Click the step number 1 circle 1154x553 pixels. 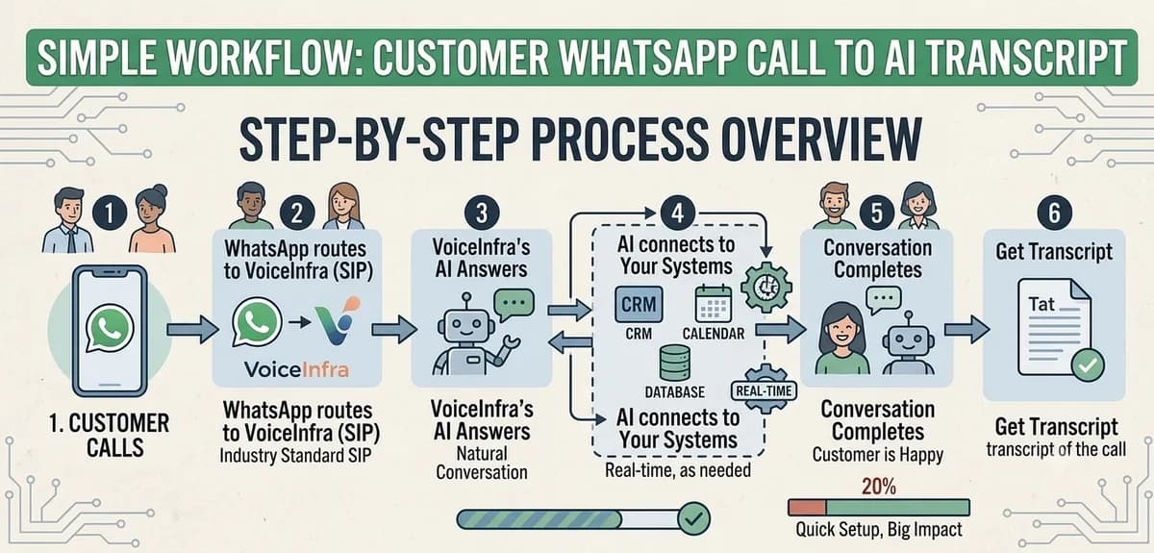(110, 214)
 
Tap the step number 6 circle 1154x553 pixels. (1054, 213)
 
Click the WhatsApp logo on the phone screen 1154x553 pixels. (110, 329)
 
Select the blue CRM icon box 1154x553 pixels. (639, 305)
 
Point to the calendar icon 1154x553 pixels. (713, 304)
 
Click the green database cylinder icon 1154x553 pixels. (675, 364)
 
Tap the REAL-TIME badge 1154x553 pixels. (764, 390)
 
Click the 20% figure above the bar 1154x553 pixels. (879, 486)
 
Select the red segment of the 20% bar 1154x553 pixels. (807, 507)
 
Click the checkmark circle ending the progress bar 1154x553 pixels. (694, 518)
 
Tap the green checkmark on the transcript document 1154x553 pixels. (1088, 365)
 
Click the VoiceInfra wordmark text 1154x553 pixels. (296, 369)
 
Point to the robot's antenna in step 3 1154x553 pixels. (466, 301)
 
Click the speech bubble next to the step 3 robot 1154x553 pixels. (514, 304)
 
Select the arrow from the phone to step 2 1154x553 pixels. (192, 329)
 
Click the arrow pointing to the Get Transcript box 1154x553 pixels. (966, 329)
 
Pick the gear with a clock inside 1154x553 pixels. (766, 287)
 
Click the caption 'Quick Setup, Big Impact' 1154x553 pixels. (879, 529)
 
